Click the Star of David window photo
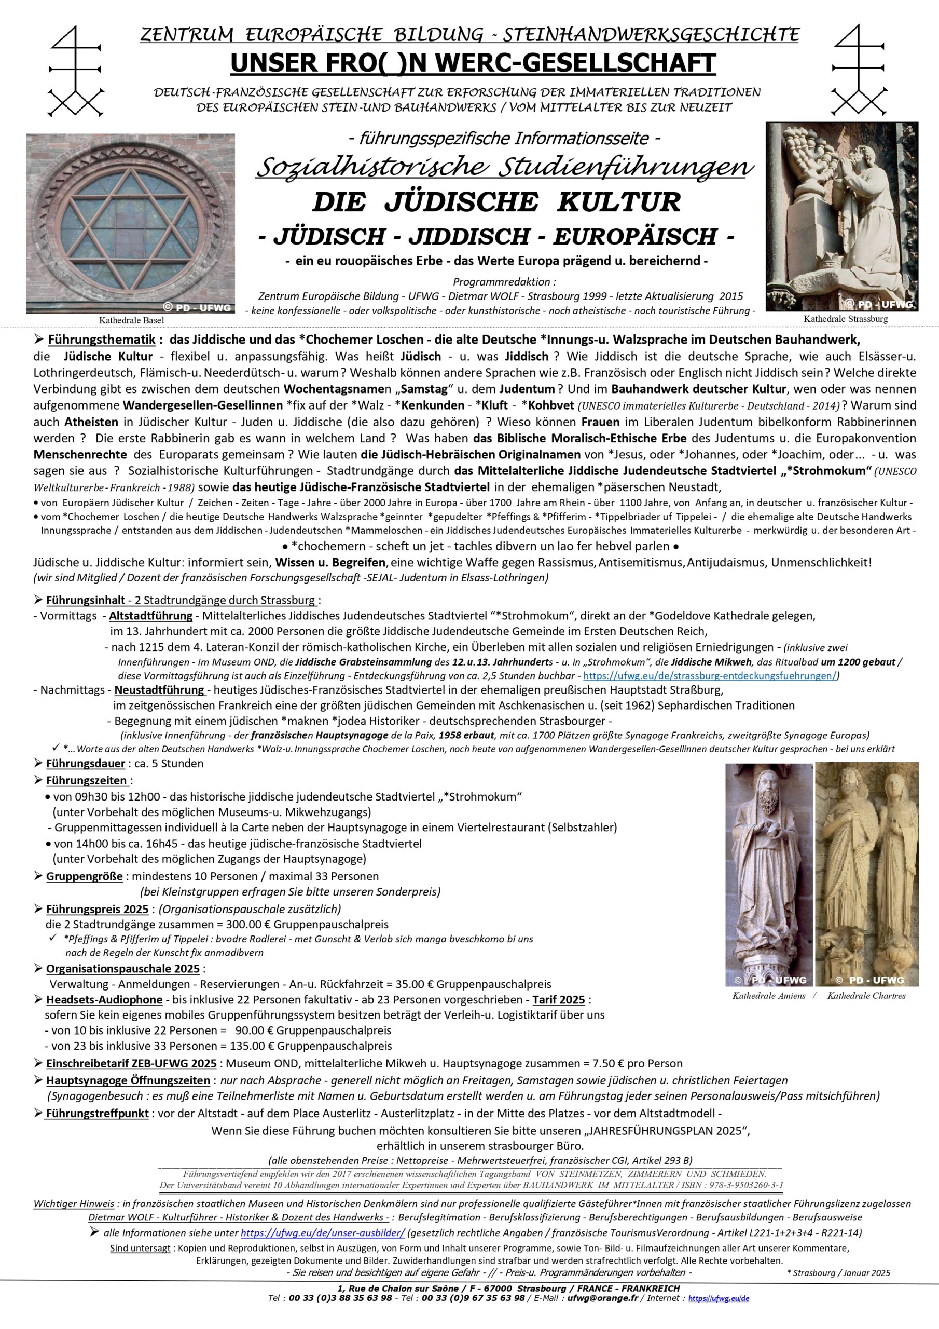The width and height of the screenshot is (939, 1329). (130, 223)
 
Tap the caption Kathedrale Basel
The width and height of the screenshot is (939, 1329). (131, 320)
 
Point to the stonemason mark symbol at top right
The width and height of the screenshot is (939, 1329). (860, 72)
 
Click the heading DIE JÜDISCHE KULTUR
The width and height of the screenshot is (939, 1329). (496, 202)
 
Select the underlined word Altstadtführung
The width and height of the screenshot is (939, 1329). (151, 616)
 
